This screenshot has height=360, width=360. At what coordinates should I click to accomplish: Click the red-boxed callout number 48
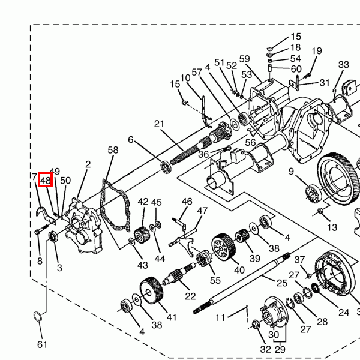pos(45,180)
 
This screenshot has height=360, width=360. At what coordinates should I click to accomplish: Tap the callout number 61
pos(42,344)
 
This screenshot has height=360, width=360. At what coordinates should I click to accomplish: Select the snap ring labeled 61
pos(38,317)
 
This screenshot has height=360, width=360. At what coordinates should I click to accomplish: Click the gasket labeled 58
pos(115,205)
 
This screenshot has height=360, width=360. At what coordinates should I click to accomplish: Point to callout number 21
pos(159,124)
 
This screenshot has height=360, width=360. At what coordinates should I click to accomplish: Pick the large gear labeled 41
pos(151,290)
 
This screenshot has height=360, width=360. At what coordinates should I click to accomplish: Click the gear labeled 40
pos(223,247)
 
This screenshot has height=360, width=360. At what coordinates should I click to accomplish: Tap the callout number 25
pos(282,283)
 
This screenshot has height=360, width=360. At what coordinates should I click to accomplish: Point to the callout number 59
pos(245,59)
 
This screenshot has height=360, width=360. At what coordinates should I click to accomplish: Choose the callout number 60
pos(296,69)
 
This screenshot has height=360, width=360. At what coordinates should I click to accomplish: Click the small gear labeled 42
pos(142,235)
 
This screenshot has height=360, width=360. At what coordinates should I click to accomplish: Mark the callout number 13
pos(332,227)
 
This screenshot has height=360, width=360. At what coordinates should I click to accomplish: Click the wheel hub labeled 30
pos(274,312)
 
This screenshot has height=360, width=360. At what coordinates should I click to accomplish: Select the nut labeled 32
pos(256,325)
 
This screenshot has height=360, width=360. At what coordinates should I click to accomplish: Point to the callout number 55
pos(215,280)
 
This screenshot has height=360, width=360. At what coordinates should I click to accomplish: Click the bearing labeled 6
pos(166,167)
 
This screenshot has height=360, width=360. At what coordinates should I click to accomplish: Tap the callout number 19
pos(317,51)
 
